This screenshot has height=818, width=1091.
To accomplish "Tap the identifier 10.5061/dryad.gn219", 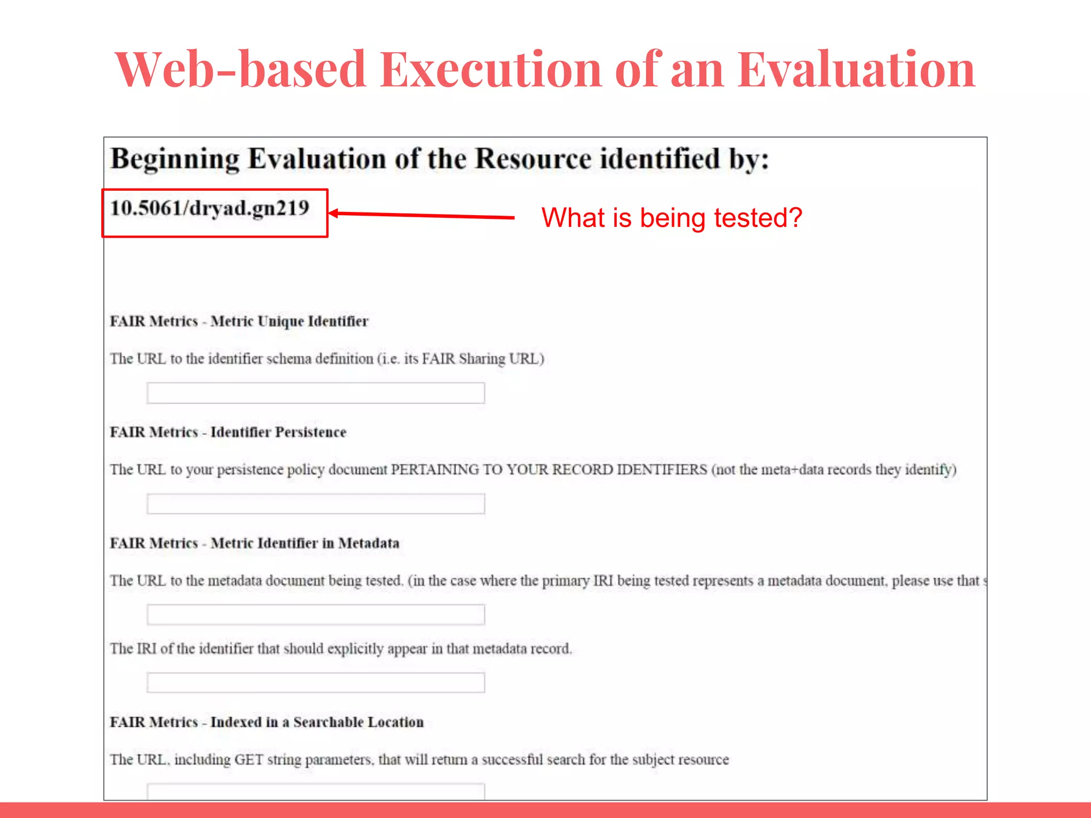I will (x=210, y=208).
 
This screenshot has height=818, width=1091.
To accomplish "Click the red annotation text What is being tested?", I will (x=671, y=218).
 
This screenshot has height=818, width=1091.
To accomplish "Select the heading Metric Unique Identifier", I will (x=289, y=322).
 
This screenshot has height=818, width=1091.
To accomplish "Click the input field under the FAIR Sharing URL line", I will (x=315, y=393).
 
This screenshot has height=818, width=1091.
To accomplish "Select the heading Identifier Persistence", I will (x=278, y=432).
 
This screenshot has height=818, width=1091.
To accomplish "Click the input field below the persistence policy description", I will (x=315, y=504).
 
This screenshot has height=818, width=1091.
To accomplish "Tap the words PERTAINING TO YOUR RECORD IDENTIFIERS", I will (x=549, y=470).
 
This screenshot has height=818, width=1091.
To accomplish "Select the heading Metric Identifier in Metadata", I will (x=305, y=543).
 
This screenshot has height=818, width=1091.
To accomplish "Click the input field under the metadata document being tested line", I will (x=315, y=615).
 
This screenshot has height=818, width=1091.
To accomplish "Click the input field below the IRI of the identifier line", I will (x=315, y=683).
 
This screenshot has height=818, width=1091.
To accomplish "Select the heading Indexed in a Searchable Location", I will (x=317, y=722).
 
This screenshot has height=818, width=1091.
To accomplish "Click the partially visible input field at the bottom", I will (x=315, y=791).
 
